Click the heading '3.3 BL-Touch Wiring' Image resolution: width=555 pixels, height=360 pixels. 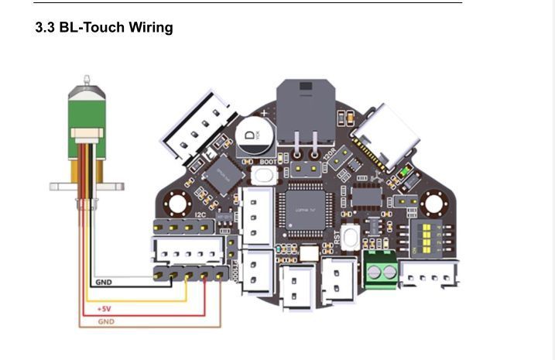(x=104, y=28)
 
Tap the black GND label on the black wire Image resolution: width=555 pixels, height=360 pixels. (x=103, y=283)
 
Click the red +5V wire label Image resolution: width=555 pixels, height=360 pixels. (x=104, y=309)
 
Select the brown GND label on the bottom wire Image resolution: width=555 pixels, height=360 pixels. (x=106, y=321)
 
